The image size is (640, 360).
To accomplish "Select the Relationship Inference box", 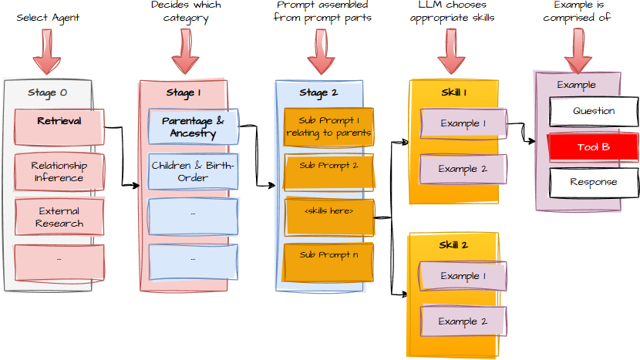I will click(59, 172).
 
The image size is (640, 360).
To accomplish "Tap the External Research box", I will click(59, 217).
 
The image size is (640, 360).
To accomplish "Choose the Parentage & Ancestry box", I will click(193, 126).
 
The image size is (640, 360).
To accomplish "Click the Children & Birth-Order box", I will click(193, 172).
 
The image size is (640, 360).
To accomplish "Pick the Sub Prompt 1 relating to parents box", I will click(328, 126).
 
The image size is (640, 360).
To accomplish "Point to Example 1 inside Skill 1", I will click(463, 123).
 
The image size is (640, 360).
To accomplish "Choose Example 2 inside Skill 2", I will click(463, 321).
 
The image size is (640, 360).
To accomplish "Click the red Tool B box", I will click(593, 146).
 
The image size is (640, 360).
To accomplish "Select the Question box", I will click(593, 111).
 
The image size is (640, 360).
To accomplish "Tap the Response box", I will click(593, 183).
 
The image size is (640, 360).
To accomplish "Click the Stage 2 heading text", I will click(318, 93).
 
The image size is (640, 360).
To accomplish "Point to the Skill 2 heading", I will click(454, 245).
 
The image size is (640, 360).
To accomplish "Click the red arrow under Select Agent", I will click(47, 56).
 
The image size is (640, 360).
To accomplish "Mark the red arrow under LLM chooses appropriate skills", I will click(451, 56).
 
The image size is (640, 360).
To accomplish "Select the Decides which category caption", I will click(186, 12).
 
